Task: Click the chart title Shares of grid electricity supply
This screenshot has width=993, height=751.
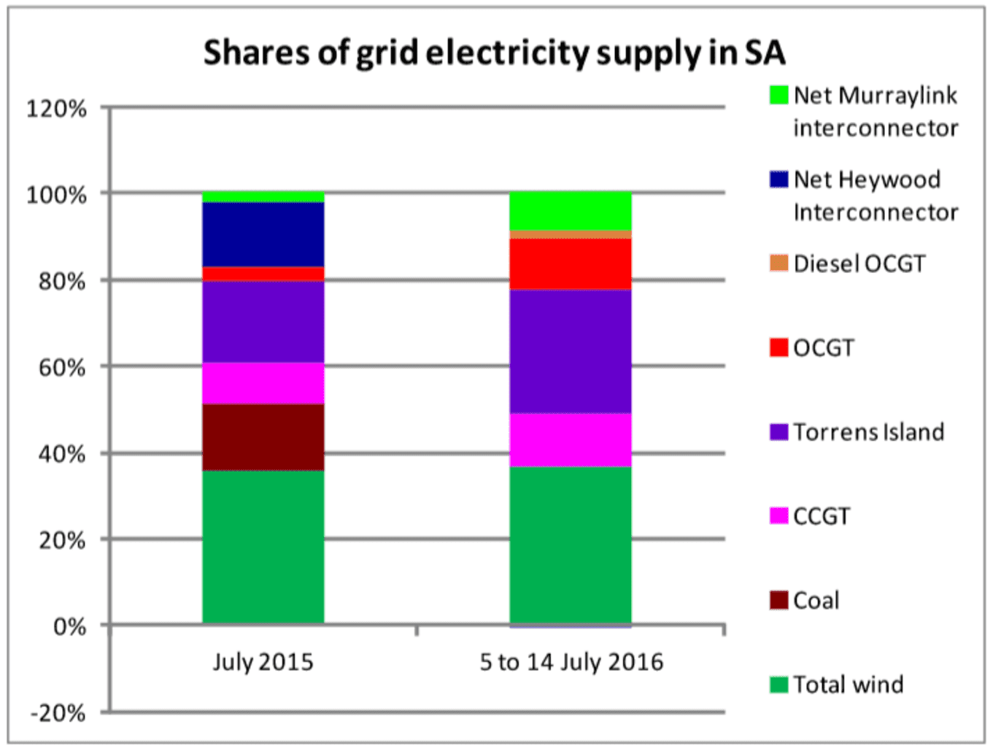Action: [494, 53]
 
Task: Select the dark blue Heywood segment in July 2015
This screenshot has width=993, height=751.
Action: [263, 234]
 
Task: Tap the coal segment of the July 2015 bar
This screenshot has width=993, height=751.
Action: [263, 437]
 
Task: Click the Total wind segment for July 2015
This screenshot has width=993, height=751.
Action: [263, 547]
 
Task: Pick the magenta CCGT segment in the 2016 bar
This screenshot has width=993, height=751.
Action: [570, 440]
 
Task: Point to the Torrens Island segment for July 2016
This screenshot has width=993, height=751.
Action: [570, 352]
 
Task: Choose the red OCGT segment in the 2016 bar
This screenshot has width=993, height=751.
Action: [570, 264]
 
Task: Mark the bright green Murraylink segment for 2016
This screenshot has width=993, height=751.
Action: [570, 211]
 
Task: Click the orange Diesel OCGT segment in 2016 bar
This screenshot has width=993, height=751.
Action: [570, 234]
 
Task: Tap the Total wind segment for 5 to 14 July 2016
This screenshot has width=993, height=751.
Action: [570, 544]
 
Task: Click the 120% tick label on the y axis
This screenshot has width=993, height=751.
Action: [56, 109]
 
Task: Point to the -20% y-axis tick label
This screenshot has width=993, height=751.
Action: [58, 713]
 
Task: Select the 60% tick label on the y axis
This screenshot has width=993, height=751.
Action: [62, 367]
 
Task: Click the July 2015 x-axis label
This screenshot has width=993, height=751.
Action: [263, 662]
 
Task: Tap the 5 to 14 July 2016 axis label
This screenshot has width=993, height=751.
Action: [571, 662]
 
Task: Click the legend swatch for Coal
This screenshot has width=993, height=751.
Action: [778, 601]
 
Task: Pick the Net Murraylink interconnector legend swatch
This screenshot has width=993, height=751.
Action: [778, 96]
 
